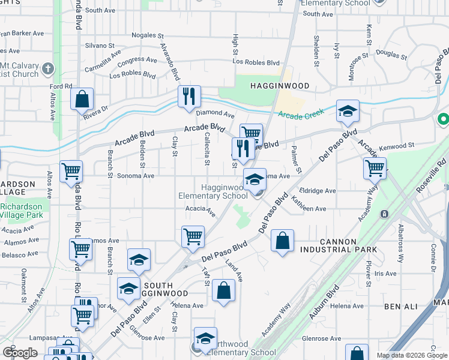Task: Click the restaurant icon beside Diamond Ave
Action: tap(188, 96)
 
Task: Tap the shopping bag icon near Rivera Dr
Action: tap(82, 99)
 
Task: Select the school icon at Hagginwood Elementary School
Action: tap(255, 178)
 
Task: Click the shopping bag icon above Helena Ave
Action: tap(223, 290)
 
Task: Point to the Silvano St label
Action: tap(100, 46)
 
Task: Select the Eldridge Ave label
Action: tap(321, 191)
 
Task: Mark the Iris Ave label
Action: tap(385, 274)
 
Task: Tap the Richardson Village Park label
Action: tap(21, 211)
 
